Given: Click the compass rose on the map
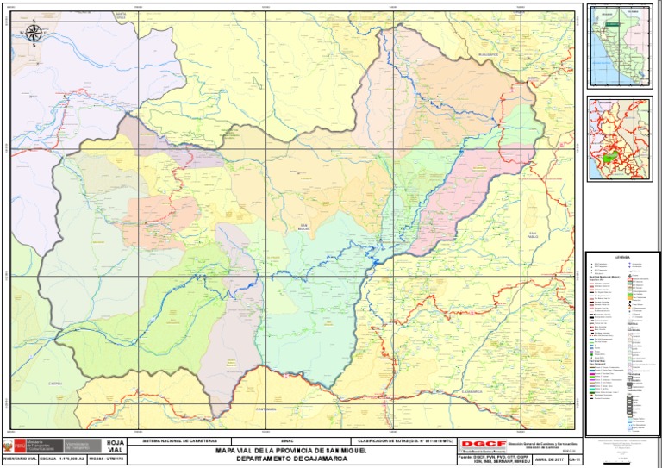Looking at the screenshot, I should click(x=34, y=34).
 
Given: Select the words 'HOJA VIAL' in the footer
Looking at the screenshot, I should click(x=115, y=446).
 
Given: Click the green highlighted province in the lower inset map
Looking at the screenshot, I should click(x=610, y=160).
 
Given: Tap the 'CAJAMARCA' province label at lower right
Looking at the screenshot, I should click(x=472, y=390).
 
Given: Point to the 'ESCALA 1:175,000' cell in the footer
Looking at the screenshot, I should click(x=59, y=461).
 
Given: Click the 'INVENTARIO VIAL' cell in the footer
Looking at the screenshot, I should click(x=19, y=461).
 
